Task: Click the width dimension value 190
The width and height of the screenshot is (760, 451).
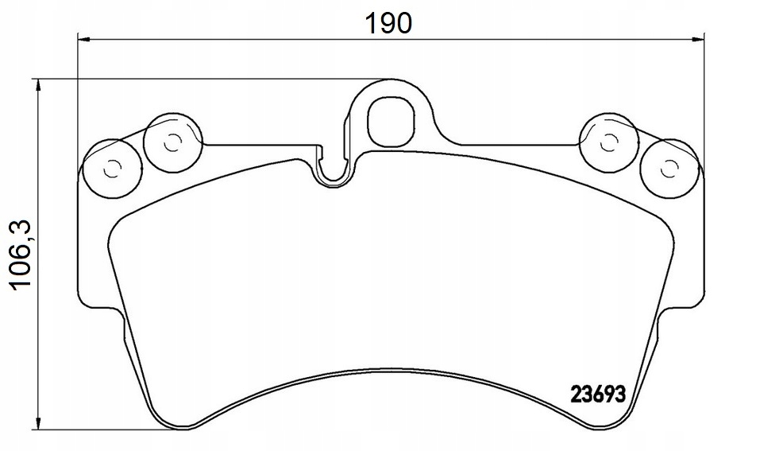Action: [x=388, y=22]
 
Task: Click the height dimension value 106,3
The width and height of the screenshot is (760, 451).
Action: [x=21, y=255]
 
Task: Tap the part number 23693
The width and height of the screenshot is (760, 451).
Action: [x=599, y=394]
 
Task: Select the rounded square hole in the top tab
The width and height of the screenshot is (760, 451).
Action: [x=392, y=119]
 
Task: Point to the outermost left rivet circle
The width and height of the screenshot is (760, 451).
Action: [x=113, y=169]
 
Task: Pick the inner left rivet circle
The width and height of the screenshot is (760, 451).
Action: [x=173, y=143]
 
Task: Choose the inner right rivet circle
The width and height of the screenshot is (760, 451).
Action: [x=609, y=143]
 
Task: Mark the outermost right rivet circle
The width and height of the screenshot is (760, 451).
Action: [x=669, y=169]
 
